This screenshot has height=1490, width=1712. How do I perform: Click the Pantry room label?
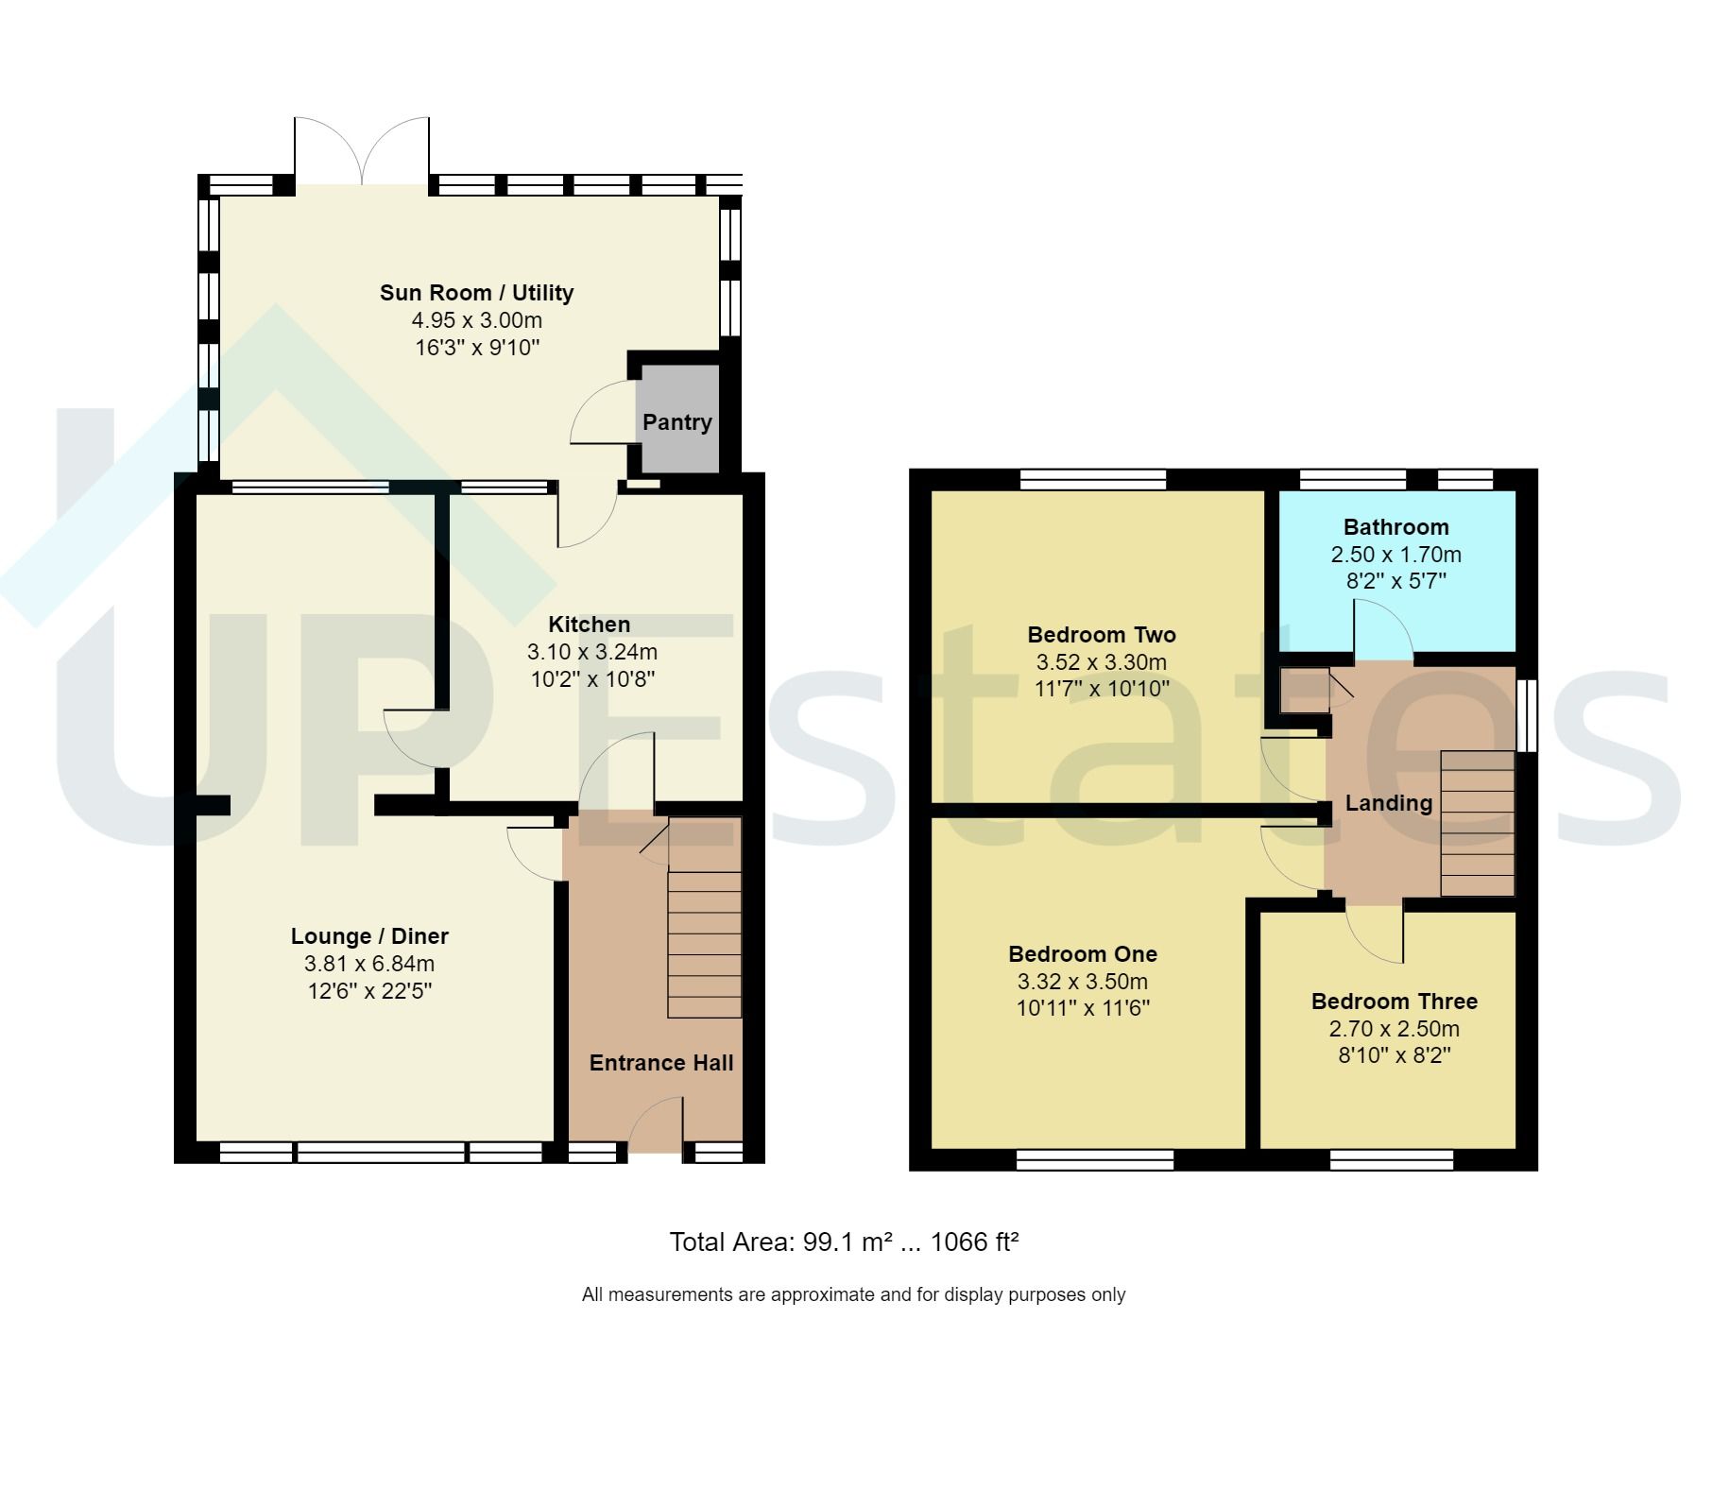(676, 422)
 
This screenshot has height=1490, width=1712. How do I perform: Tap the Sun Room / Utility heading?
(476, 293)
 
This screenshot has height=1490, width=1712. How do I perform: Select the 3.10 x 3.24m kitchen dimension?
(591, 652)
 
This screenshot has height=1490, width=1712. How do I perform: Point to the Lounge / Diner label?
(369, 936)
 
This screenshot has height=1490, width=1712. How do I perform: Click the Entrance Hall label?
(661, 1063)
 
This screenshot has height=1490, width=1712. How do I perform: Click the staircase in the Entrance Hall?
(704, 944)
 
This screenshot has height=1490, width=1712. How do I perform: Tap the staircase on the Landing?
(1477, 823)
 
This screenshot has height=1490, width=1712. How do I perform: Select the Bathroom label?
(1395, 527)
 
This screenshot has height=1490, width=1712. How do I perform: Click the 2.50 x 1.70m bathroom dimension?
(1395, 555)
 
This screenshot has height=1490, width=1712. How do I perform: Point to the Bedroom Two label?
(1102, 635)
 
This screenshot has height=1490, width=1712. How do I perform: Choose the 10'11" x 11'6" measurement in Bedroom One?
(1083, 1008)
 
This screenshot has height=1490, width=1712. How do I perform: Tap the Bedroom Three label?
(1394, 1002)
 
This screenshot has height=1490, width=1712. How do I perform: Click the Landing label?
(1388, 803)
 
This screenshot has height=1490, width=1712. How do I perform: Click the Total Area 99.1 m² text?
(780, 1242)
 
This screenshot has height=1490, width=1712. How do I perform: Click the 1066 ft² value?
(974, 1242)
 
